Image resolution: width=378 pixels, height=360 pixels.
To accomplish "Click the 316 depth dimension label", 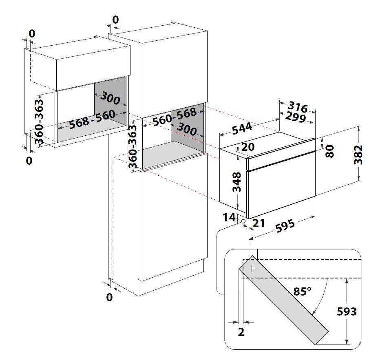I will click(x=300, y=108).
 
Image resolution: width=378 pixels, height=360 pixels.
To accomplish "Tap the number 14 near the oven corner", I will click(x=229, y=216).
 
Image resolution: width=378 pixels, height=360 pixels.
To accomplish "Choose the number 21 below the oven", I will click(x=259, y=223).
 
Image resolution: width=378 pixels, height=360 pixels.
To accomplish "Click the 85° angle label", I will click(x=302, y=291).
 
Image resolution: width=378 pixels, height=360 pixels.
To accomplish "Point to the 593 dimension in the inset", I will click(x=346, y=312).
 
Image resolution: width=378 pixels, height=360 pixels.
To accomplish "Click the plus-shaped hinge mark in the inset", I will click(x=252, y=268).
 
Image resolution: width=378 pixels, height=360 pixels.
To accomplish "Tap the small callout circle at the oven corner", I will click(x=243, y=221).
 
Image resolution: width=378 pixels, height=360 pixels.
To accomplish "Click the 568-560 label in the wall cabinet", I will click(x=92, y=119).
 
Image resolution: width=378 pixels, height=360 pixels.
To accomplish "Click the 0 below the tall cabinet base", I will click(x=109, y=298).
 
